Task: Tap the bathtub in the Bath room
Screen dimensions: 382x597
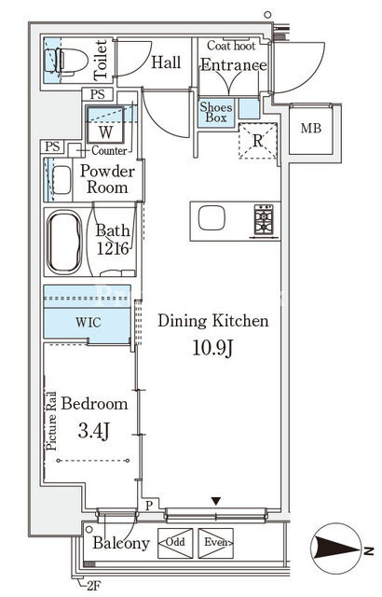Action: click(x=64, y=243)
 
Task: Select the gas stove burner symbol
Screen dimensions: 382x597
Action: click(x=264, y=220)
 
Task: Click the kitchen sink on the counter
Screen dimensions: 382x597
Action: click(x=211, y=217)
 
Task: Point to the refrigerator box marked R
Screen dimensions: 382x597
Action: click(x=258, y=141)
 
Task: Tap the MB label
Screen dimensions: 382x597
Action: click(x=311, y=129)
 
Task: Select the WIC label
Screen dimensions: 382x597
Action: click(x=89, y=323)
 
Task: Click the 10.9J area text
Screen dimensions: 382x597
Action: click(x=212, y=348)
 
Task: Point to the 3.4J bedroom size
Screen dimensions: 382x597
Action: click(x=94, y=430)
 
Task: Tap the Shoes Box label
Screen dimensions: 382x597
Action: click(x=216, y=112)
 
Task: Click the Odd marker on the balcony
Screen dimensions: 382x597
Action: click(x=175, y=542)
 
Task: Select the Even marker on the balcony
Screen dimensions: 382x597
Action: click(x=216, y=542)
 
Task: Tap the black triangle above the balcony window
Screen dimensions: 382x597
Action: click(x=216, y=501)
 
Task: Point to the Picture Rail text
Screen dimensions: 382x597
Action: click(x=51, y=422)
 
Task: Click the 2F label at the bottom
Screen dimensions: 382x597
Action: click(x=93, y=585)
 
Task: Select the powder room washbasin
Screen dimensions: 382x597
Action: click(x=61, y=180)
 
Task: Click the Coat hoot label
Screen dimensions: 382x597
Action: click(x=231, y=46)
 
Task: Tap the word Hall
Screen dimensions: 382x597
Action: click(x=166, y=62)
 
